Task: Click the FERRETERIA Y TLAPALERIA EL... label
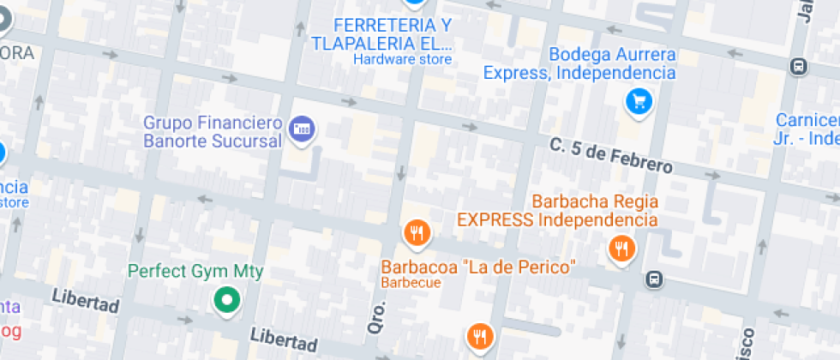click(x=381, y=33)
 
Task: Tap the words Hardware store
click(x=402, y=59)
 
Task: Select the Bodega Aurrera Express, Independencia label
click(x=580, y=64)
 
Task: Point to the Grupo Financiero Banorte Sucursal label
click(x=213, y=131)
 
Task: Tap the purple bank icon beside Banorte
click(x=301, y=130)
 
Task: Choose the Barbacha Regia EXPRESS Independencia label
click(x=557, y=211)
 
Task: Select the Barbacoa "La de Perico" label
click(x=477, y=267)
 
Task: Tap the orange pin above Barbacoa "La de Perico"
click(x=417, y=232)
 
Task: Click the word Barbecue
click(x=411, y=283)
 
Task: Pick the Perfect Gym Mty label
click(x=195, y=272)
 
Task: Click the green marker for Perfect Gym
click(x=226, y=300)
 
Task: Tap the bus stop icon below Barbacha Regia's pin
click(x=654, y=279)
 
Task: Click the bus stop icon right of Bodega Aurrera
click(x=798, y=66)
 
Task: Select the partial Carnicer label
click(x=807, y=129)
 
